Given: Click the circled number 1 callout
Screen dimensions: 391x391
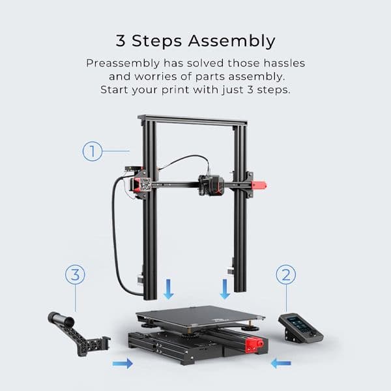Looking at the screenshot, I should tap(93, 152).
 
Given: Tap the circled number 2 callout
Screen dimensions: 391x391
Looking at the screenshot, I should tap(285, 274).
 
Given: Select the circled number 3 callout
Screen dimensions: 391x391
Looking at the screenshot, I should tap(75, 274).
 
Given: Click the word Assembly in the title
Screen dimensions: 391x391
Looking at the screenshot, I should tap(231, 40).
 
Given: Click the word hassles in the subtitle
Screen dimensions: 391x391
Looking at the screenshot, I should tap(281, 64).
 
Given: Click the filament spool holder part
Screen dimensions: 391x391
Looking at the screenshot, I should tap(78, 332).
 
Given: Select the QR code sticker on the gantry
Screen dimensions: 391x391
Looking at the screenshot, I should tap(145, 184).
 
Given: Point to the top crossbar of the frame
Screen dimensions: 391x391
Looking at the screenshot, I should tap(193, 121).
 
